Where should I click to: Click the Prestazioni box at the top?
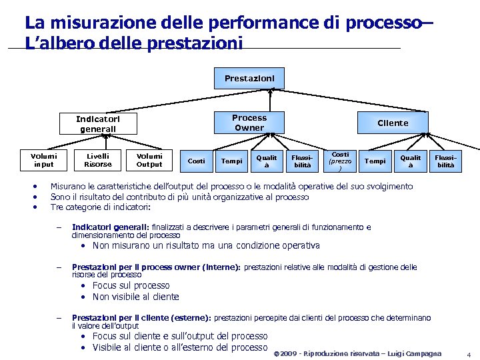(x=249, y=79)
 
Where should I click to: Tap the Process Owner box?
(x=249, y=122)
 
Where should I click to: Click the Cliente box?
(x=393, y=123)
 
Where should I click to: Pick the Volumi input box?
(x=44, y=160)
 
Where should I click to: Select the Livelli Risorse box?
(x=98, y=160)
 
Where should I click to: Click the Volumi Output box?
(x=149, y=160)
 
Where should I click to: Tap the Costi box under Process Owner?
(x=196, y=161)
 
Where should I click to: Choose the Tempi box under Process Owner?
(x=231, y=161)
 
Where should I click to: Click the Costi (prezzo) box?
(x=340, y=161)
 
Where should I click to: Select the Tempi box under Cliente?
(x=375, y=161)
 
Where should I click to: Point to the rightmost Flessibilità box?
(x=445, y=161)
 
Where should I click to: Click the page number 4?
(x=469, y=353)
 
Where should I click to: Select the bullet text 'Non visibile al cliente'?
(x=135, y=297)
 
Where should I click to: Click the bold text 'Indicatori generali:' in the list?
(x=110, y=227)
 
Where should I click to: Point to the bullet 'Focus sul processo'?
(x=131, y=285)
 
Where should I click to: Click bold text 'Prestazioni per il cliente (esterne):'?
(x=141, y=318)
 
